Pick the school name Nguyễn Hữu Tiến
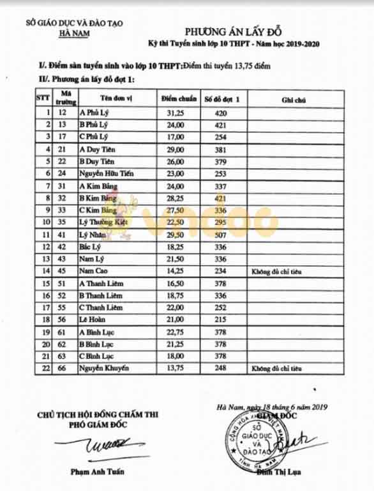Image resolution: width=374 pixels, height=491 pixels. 105,173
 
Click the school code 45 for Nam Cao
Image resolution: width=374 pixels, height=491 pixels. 63,271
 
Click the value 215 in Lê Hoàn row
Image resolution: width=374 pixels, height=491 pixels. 221,319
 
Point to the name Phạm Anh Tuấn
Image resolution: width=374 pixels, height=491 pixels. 94,472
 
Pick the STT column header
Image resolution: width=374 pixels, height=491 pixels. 43,98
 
